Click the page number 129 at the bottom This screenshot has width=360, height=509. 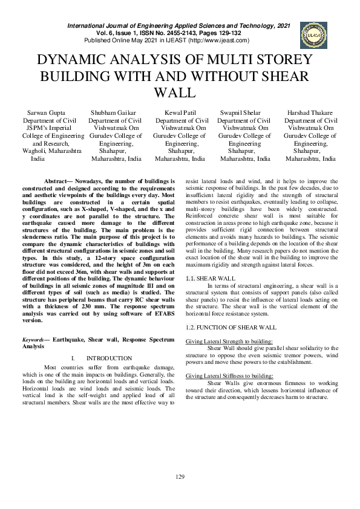180,478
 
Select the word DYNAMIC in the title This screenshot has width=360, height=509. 68,60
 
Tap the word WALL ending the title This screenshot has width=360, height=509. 175,93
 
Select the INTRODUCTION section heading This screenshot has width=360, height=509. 109,358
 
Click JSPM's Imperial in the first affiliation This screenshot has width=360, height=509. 44,128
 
